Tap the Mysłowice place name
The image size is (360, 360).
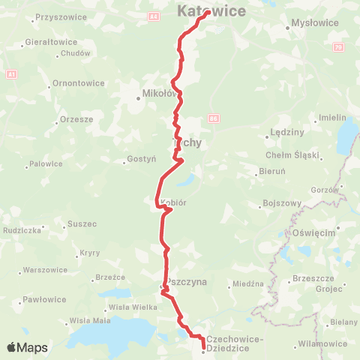pos(310,23)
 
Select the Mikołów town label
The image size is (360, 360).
pos(160,94)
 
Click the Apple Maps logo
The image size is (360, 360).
pos(27,347)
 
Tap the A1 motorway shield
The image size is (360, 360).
pos(10,74)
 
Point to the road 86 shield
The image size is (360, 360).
pos(214,118)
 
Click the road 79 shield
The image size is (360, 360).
pos(338,46)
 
